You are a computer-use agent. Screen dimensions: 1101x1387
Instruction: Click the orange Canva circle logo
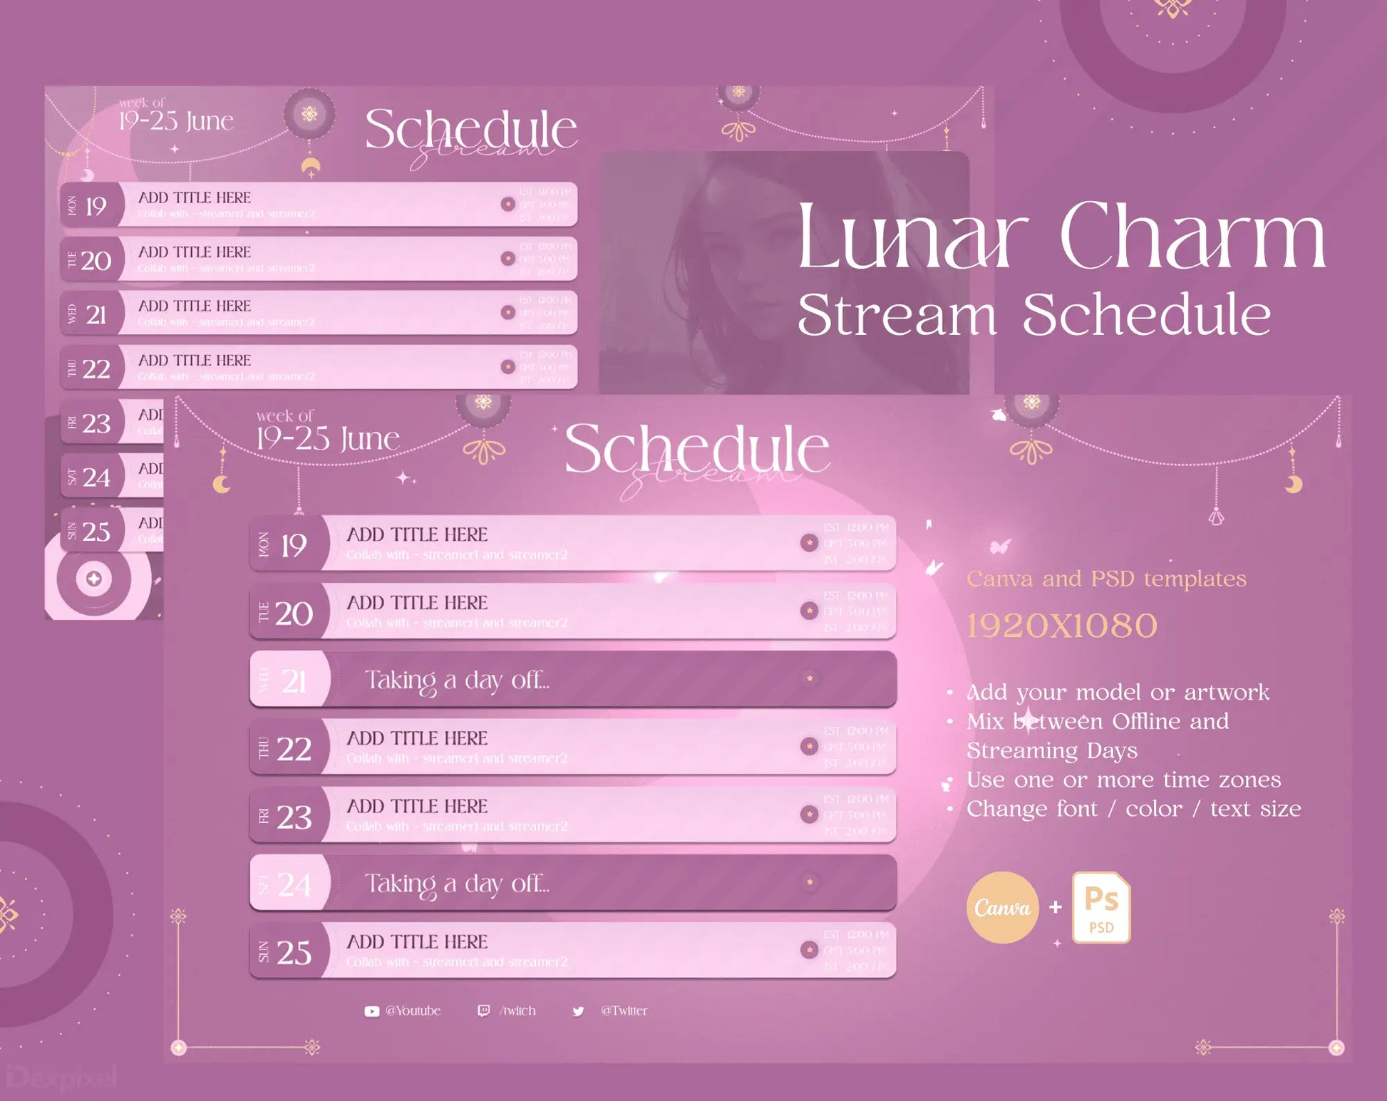tap(1002, 907)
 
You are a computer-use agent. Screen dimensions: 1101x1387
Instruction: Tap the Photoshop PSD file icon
tap(1100, 907)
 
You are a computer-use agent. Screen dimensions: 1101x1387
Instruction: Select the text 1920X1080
tap(1061, 626)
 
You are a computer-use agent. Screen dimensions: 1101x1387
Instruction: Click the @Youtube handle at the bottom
tap(413, 1010)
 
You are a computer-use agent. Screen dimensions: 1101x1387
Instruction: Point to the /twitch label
tap(517, 1010)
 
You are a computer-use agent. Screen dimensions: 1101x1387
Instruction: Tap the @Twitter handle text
tap(624, 1010)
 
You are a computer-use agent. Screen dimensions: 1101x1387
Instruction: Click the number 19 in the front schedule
tap(293, 546)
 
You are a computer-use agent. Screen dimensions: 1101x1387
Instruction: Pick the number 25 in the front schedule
tap(294, 953)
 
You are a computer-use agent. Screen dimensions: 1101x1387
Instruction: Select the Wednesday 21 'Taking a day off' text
tap(457, 681)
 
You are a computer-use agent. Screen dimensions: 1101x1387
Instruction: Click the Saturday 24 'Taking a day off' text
tap(457, 884)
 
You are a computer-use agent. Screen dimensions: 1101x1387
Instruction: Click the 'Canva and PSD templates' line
tap(1106, 579)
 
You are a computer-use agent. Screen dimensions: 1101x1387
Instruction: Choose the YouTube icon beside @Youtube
tap(371, 1011)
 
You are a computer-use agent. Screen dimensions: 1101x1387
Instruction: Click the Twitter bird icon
tap(578, 1011)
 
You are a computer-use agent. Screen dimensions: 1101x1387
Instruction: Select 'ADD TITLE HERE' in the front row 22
tap(417, 738)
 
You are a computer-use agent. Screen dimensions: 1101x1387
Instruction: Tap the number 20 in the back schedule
tap(96, 261)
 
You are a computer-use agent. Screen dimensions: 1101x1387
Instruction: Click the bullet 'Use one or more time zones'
tap(1123, 780)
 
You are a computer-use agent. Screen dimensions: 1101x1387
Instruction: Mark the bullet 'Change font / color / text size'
tap(1133, 809)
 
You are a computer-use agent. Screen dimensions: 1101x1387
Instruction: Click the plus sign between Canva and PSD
tap(1056, 907)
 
